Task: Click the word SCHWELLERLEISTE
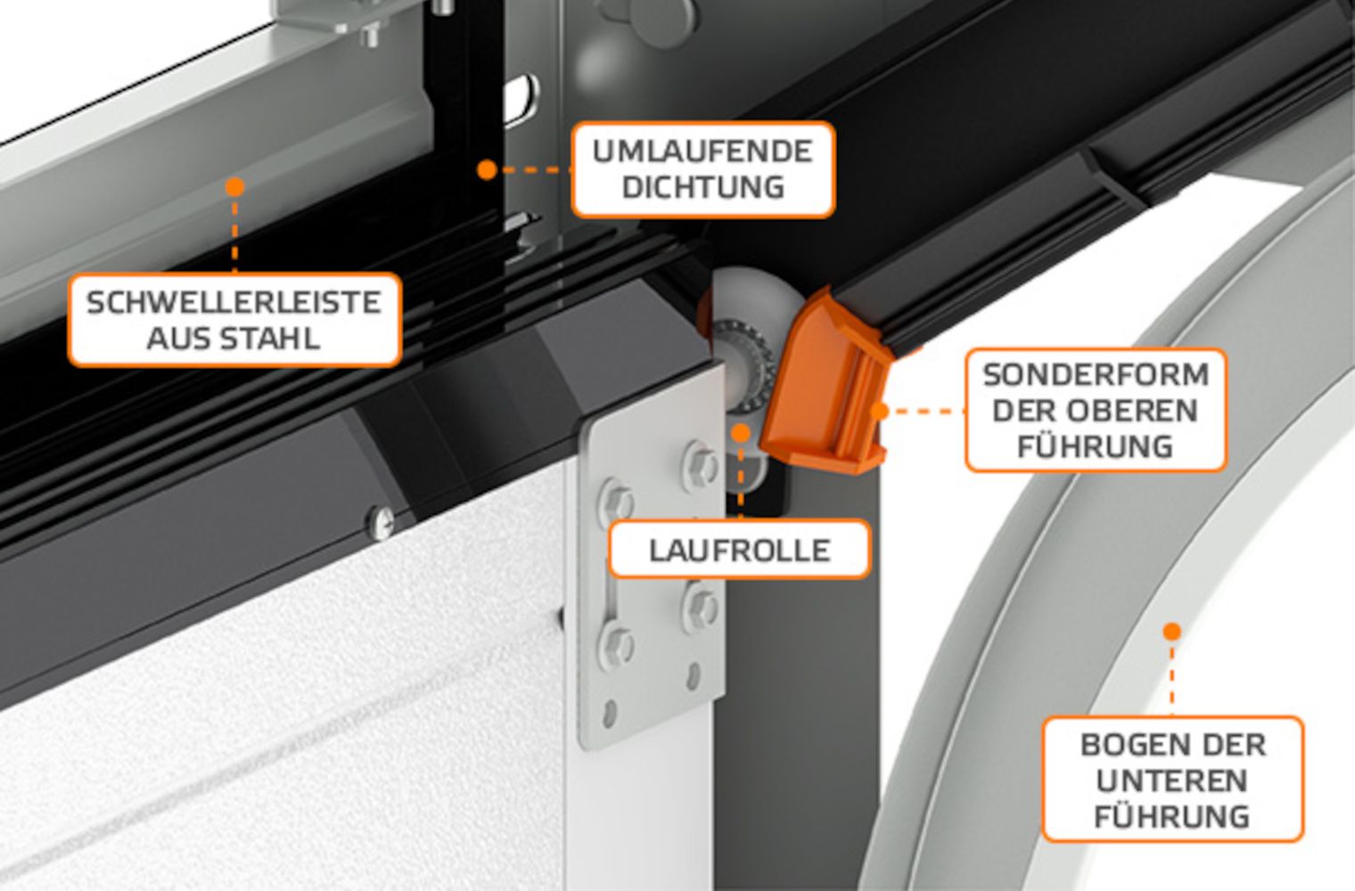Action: click(234, 302)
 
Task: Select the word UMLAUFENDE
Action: click(702, 151)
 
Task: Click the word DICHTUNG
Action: click(702, 187)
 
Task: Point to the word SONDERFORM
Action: click(1096, 375)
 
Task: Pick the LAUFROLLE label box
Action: click(740, 550)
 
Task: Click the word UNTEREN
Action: click(1171, 781)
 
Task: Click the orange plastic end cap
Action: click(825, 384)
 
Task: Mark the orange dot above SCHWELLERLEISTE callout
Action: click(234, 187)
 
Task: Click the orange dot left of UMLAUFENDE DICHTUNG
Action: click(487, 170)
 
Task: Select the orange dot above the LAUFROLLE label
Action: click(741, 433)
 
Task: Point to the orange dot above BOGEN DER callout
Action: click(1171, 632)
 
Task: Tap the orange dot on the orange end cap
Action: click(880, 412)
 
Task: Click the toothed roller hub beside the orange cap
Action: click(743, 364)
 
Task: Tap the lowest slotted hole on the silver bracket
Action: click(610, 714)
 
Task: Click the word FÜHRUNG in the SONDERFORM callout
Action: click(1096, 446)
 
